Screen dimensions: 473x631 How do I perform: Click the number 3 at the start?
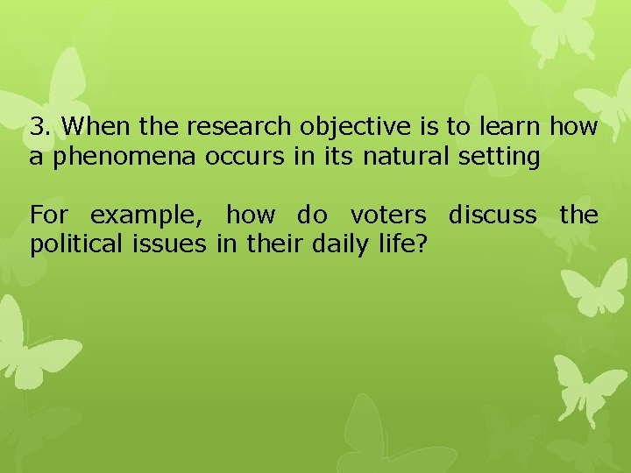point(36,128)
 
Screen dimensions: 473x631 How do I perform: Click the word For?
point(48,215)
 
